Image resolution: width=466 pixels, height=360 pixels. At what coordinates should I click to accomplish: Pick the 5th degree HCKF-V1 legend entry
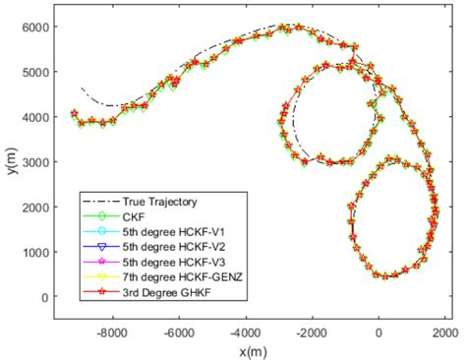click(163, 225)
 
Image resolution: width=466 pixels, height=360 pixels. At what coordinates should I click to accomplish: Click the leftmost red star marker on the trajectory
click(75, 114)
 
